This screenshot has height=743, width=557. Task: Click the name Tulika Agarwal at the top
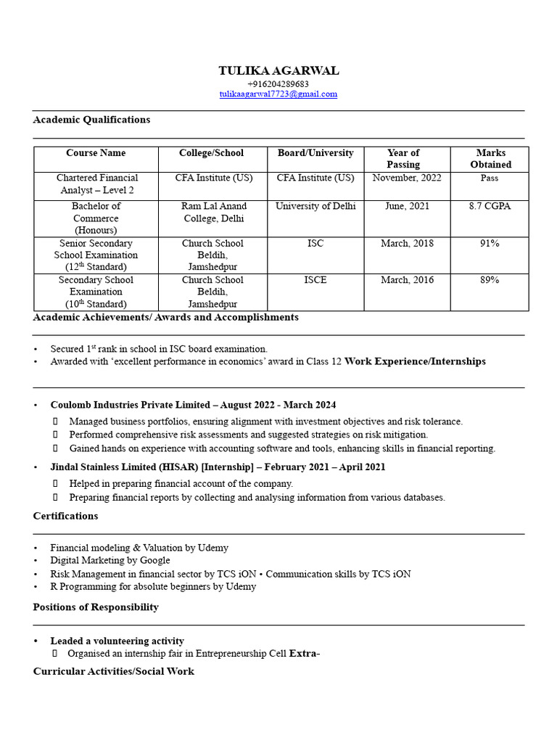[278, 70]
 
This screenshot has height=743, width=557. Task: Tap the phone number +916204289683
[278, 84]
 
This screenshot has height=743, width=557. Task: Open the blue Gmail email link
[278, 94]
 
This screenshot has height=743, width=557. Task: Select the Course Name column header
[96, 153]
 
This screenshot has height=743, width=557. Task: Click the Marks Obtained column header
[490, 158]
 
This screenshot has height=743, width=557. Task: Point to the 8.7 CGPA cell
[490, 206]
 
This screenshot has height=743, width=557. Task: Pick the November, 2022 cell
[403, 178]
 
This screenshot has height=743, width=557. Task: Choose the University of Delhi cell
[315, 206]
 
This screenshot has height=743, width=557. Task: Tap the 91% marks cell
[490, 243]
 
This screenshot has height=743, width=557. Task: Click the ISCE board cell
[315, 279]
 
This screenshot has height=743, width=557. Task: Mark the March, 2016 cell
[407, 279]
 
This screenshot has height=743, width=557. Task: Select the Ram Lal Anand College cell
[214, 212]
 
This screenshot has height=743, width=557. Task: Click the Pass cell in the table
[490, 178]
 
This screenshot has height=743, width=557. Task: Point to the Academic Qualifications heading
[91, 119]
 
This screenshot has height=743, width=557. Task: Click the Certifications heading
[65, 516]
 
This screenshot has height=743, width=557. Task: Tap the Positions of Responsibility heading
[96, 607]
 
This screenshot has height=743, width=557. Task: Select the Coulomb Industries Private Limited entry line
[193, 405]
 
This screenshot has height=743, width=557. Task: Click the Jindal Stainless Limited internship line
[218, 467]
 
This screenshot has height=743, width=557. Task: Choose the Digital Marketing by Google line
[110, 560]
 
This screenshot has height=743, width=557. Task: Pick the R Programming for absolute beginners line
[153, 586]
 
